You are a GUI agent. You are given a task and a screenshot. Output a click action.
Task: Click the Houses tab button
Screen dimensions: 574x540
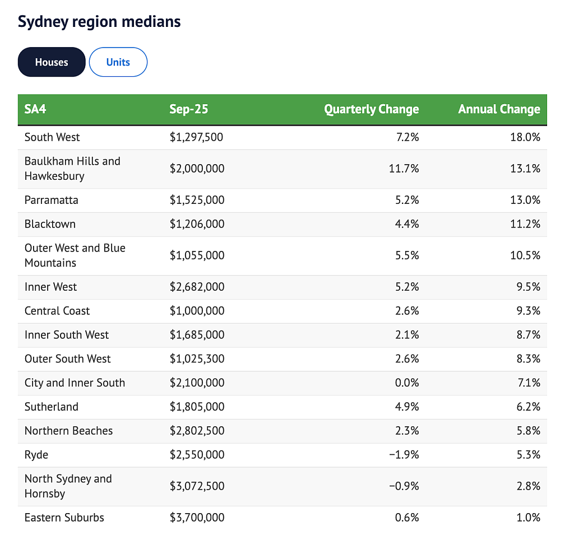tap(52, 62)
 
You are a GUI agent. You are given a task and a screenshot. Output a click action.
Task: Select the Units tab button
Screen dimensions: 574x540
tap(118, 62)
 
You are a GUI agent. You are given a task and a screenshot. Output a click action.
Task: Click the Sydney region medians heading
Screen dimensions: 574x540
tap(99, 22)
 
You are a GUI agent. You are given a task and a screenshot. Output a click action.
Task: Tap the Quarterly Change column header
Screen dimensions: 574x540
tap(372, 109)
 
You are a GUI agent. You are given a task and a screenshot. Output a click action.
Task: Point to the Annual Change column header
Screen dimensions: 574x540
tap(499, 109)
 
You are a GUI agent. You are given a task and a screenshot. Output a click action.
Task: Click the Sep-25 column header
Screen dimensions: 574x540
tap(189, 109)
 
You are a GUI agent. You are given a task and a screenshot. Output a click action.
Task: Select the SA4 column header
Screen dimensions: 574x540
tap(35, 109)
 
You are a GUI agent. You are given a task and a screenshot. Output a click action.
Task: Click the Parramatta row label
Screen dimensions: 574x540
tap(51, 200)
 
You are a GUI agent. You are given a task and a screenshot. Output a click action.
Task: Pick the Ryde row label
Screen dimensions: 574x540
tap(36, 455)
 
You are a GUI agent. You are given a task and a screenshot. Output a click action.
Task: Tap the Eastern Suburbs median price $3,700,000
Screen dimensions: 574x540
tap(197, 518)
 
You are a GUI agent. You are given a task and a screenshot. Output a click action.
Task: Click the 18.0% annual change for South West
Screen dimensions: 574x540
tap(525, 137)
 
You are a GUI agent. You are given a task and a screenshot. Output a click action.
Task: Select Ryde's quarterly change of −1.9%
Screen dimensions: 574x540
tap(404, 455)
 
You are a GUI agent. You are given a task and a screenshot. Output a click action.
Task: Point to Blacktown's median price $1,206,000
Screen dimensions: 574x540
tap(197, 224)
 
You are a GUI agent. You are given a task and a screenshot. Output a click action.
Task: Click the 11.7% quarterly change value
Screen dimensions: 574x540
tap(404, 169)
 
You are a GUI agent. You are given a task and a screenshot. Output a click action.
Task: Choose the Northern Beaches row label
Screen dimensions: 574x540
tap(68, 431)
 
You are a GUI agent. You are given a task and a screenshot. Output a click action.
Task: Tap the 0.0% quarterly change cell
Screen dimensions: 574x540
tap(407, 383)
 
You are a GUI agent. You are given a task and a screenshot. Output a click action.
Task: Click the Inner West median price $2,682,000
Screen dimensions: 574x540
tap(197, 287)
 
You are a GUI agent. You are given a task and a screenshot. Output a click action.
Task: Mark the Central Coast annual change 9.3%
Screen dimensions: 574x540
tap(529, 311)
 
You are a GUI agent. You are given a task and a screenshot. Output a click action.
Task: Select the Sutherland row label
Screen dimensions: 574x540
tap(51, 407)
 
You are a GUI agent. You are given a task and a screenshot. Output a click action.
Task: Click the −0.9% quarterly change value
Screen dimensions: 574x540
tap(404, 486)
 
